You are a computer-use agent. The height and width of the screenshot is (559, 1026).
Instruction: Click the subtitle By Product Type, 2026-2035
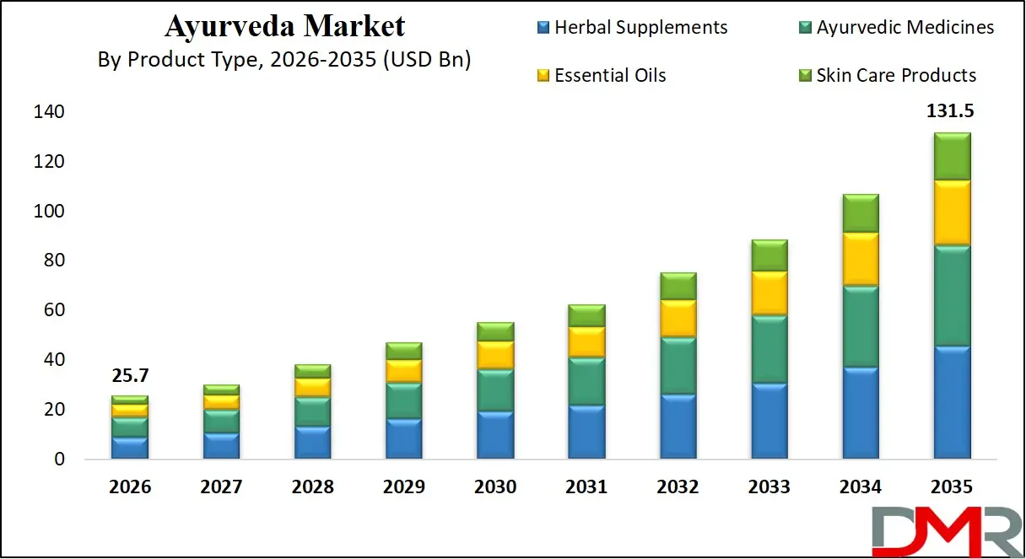284,59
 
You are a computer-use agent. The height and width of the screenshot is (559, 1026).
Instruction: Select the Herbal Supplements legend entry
640,27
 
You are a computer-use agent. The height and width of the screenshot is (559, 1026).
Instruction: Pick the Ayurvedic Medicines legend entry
904,27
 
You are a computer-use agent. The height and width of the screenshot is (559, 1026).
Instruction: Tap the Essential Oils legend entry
609,75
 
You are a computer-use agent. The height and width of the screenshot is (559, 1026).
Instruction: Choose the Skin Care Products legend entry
896,75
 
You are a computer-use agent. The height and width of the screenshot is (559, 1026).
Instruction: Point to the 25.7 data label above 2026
130,376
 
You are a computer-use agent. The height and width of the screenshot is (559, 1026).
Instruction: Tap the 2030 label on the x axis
495,486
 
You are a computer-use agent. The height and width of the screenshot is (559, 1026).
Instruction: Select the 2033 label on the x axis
769,486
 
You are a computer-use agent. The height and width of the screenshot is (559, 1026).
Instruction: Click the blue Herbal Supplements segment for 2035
952,402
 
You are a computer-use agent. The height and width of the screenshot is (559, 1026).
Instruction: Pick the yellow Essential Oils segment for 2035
952,212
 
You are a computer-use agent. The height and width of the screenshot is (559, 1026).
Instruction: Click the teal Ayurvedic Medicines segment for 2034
861,326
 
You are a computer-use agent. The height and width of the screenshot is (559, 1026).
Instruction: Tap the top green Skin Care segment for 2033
769,255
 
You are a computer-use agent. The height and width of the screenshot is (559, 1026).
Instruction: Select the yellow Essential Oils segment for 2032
678,318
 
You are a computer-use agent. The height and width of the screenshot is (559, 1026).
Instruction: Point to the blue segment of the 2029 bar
403,438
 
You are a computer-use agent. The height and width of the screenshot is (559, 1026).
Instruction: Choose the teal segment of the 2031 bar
586,381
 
